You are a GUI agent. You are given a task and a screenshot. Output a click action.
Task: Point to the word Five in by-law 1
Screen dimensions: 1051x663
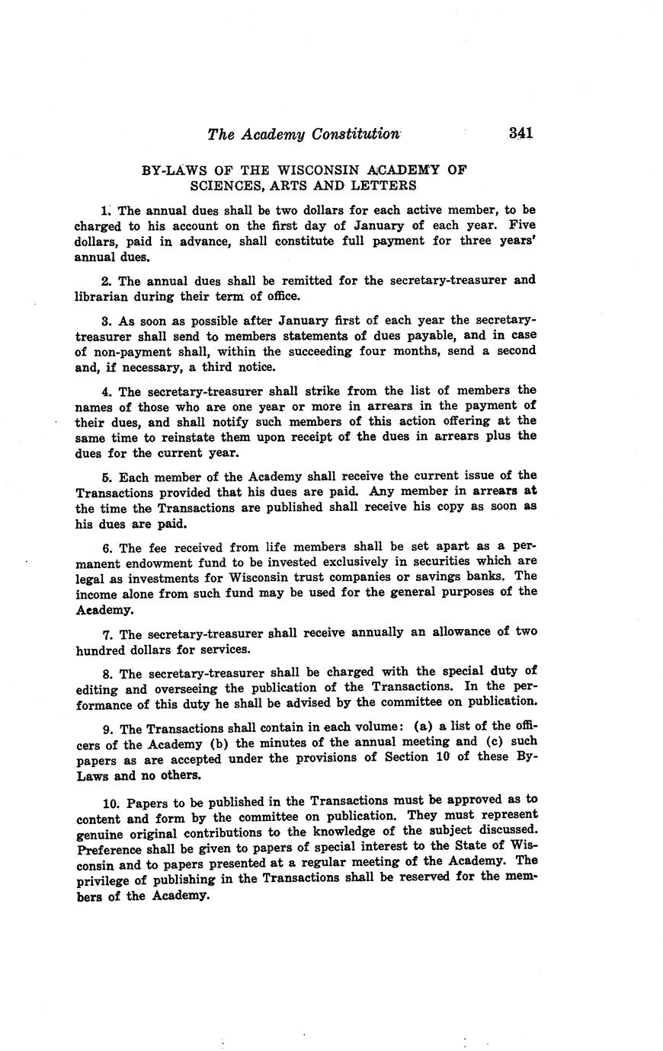pos(522,225)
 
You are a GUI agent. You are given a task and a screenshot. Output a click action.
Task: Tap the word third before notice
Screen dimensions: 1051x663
pos(220,367)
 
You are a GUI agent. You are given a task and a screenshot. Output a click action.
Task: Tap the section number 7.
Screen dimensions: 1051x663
pos(107,634)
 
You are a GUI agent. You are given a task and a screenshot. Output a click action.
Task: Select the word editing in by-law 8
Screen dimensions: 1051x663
pos(97,690)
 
